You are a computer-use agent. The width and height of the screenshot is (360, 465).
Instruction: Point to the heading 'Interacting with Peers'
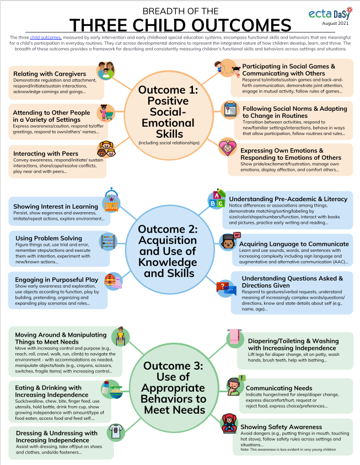pos(45,153)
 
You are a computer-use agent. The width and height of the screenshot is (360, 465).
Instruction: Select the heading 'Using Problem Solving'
pos(45,238)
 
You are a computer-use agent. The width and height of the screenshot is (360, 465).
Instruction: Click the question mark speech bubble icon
pos(225,288)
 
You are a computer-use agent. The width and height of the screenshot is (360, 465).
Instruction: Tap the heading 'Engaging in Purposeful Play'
pos(56,279)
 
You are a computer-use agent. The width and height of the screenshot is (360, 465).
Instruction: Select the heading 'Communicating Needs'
pos(279,388)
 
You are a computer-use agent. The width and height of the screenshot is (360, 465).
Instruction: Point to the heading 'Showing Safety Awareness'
pos(286,426)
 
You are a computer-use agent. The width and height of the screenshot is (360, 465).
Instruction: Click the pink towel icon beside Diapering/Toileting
pos(233,338)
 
